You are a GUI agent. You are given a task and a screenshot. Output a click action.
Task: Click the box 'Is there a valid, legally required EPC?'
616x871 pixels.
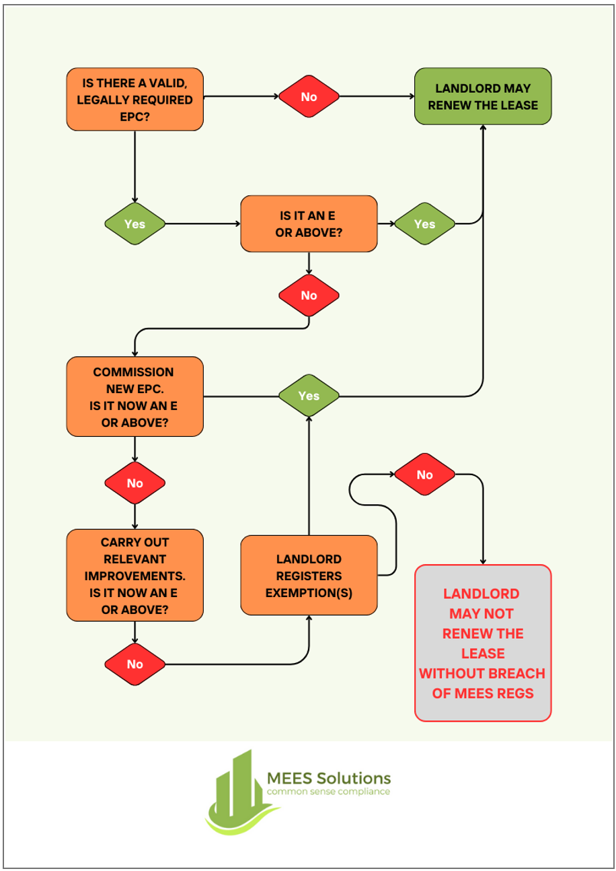tap(134, 99)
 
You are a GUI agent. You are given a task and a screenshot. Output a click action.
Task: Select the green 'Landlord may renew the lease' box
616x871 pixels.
tap(482, 96)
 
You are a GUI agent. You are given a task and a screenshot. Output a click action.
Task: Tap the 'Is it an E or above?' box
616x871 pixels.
tap(309, 223)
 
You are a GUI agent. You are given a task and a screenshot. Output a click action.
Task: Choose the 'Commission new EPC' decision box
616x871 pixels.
tap(134, 396)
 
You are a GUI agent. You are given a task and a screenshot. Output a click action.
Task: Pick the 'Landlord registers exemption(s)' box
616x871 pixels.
tap(309, 575)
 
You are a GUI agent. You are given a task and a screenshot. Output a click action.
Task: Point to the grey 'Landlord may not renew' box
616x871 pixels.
tap(482, 643)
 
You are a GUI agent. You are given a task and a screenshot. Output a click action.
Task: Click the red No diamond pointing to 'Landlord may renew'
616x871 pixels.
tap(309, 96)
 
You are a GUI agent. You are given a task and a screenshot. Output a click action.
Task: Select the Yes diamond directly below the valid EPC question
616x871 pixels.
tap(134, 223)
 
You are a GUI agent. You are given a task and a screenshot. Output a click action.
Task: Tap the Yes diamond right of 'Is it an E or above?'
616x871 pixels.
tap(424, 223)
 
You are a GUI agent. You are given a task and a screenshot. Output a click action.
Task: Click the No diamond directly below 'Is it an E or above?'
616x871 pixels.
tap(309, 295)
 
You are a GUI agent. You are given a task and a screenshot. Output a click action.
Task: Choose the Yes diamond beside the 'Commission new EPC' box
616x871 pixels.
tap(309, 395)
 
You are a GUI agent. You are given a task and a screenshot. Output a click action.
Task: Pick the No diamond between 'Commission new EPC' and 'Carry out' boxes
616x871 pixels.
tap(134, 483)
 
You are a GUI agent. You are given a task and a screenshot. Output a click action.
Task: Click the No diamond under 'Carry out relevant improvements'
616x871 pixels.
tap(134, 664)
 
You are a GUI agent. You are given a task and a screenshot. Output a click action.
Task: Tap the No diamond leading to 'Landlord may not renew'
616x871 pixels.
tap(424, 475)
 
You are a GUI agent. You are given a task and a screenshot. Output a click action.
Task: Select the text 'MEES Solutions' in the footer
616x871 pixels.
tap(328, 777)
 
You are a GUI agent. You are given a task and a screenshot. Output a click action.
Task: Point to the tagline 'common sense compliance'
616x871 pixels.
tap(328, 792)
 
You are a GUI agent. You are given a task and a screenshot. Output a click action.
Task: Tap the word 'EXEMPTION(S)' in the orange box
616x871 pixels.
tap(309, 593)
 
